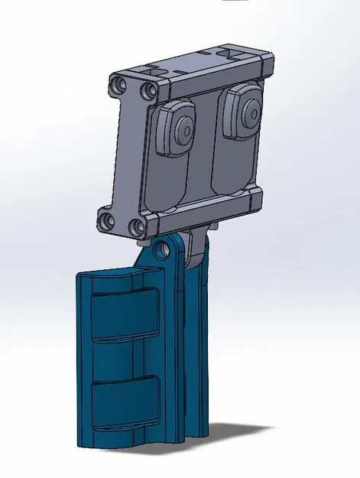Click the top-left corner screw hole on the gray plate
coord(118,83)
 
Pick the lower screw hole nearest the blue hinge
coord(135,227)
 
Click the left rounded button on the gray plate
coord(177,128)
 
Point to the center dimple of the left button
coord(183,127)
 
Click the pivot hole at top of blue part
coord(159,250)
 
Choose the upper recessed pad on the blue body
coord(124,316)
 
